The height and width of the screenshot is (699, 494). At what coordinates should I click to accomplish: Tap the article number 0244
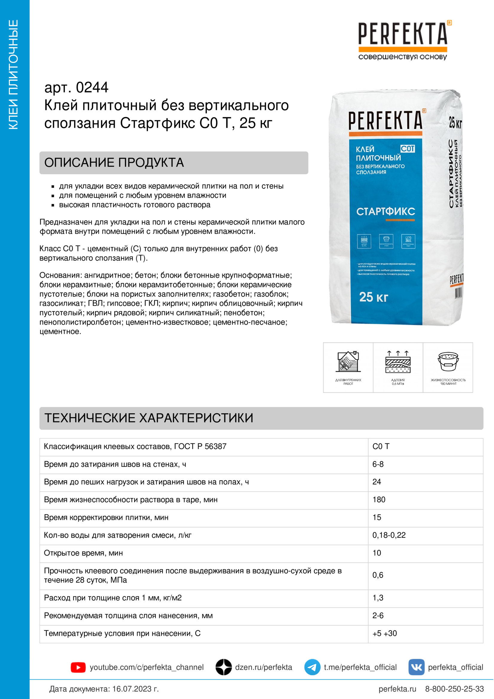pyautogui.click(x=92, y=88)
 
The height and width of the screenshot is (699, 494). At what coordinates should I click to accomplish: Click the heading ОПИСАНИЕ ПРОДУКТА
pyautogui.click(x=114, y=163)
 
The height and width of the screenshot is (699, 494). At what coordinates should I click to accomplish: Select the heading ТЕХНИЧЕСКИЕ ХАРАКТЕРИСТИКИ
pyautogui.click(x=149, y=418)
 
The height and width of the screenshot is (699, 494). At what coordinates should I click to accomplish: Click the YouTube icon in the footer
pyautogui.click(x=78, y=667)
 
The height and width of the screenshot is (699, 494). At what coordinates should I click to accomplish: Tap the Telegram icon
pyautogui.click(x=312, y=667)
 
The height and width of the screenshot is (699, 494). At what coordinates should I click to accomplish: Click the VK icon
pyautogui.click(x=416, y=667)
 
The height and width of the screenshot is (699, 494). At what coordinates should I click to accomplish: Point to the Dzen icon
pyautogui.click(x=224, y=667)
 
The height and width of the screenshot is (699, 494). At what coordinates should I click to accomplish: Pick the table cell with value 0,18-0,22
pyautogui.click(x=389, y=535)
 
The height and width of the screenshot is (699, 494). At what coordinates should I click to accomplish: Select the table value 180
pyautogui.click(x=379, y=500)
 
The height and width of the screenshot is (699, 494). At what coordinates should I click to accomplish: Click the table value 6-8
pyautogui.click(x=378, y=464)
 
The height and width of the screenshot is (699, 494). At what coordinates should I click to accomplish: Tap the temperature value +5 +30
pyautogui.click(x=384, y=634)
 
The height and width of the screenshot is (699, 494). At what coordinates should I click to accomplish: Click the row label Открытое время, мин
pyautogui.click(x=83, y=553)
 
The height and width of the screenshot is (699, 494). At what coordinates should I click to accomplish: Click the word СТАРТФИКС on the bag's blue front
pyautogui.click(x=386, y=211)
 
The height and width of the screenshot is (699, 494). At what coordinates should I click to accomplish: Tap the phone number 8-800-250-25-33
pyautogui.click(x=454, y=689)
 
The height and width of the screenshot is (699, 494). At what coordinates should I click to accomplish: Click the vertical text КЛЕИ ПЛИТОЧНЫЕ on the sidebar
pyautogui.click(x=13, y=75)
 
